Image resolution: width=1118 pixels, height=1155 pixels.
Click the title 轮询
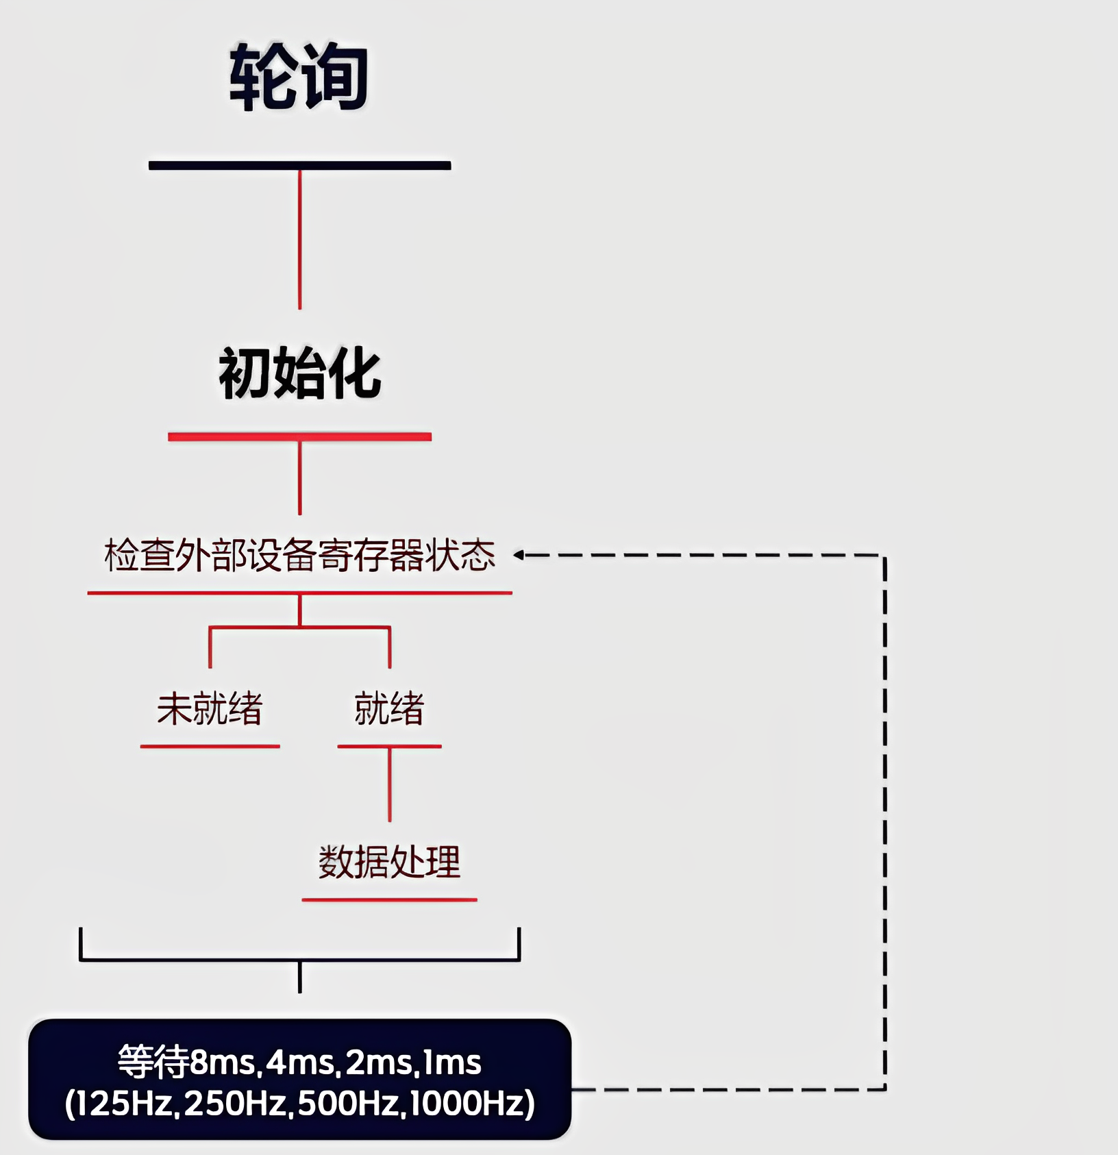tap(299, 77)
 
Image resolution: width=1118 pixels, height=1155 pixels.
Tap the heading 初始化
tap(299, 373)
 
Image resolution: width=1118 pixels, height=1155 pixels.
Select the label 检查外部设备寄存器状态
tap(299, 555)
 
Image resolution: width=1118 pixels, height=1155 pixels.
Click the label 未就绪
tap(210, 708)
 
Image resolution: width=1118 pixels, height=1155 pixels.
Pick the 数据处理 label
tap(389, 862)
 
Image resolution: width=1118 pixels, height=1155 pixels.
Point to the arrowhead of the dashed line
tap(519, 555)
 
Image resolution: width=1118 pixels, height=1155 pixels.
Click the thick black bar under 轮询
tap(299, 165)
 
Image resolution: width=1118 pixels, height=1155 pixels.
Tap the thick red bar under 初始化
tap(299, 436)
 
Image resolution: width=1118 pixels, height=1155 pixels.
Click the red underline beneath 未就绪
tap(210, 746)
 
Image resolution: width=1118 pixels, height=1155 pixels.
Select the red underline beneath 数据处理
tap(389, 899)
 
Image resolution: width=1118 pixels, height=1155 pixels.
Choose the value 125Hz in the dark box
tap(123, 1104)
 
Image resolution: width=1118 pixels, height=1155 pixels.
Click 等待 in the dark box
tap(153, 1063)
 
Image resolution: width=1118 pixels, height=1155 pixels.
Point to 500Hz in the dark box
tap(349, 1104)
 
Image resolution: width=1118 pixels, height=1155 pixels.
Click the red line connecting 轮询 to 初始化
tap(299, 240)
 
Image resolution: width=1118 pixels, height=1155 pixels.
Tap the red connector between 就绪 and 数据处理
tap(390, 784)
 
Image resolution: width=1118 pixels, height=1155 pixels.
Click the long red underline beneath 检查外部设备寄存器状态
tap(299, 593)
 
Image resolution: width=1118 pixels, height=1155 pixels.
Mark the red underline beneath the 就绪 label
tap(389, 746)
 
